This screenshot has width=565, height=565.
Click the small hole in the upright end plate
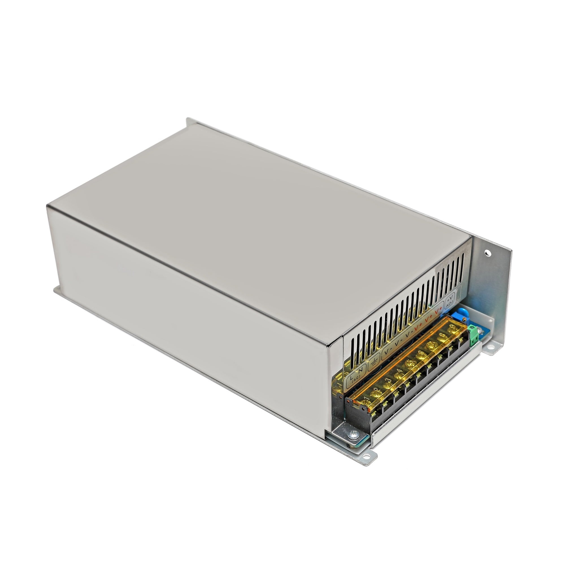coord(487,252)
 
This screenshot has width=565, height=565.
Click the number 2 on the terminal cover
coord(377,390)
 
